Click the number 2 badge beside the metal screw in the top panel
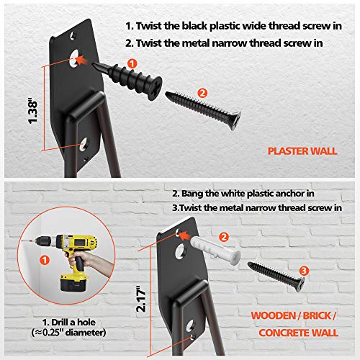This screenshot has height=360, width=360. (x=202, y=92)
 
